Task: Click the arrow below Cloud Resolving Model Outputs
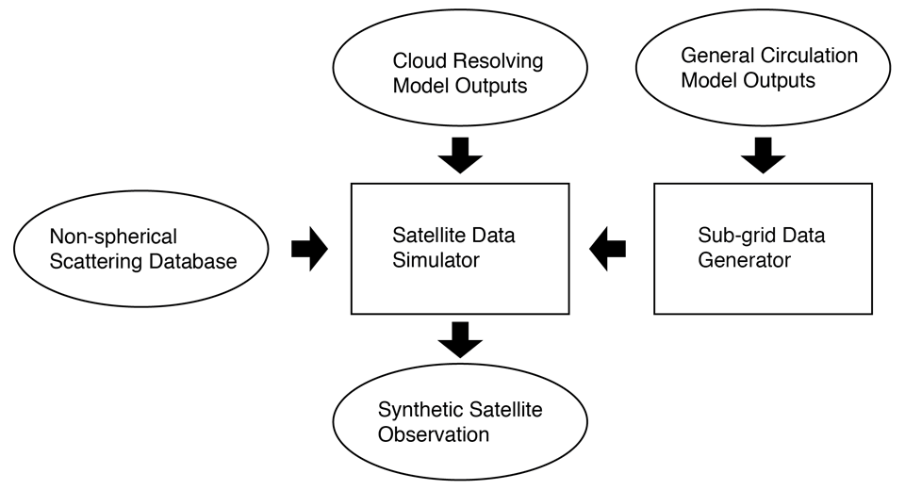(460, 155)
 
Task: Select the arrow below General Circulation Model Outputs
(763, 155)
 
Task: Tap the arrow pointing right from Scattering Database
(309, 249)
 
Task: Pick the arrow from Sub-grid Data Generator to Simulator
(607, 249)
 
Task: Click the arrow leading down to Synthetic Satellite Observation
(460, 340)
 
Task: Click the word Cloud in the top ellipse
(420, 60)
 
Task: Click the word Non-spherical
(113, 237)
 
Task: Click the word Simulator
(436, 260)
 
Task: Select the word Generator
(744, 260)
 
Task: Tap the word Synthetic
(415, 410)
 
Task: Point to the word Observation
(434, 434)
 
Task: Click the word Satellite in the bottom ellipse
(501, 410)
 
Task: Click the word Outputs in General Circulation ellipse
(780, 81)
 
